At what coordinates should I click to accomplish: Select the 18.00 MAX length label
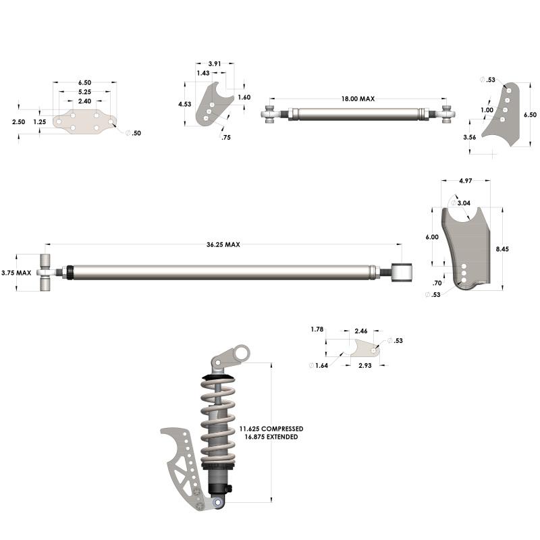(x=357, y=99)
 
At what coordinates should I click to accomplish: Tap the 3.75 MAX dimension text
(x=16, y=273)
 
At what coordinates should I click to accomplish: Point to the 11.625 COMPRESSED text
(x=271, y=429)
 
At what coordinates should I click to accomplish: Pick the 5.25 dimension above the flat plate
(x=84, y=92)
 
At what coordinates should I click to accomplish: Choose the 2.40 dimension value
(x=84, y=101)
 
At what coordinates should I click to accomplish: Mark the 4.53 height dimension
(x=184, y=105)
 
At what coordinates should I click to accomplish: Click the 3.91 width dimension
(x=214, y=63)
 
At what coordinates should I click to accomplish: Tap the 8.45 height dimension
(x=502, y=249)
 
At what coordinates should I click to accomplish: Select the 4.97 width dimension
(x=465, y=181)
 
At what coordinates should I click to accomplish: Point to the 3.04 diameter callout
(x=464, y=202)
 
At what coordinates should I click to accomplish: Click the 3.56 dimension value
(x=470, y=137)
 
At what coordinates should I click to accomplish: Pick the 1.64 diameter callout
(x=321, y=365)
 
